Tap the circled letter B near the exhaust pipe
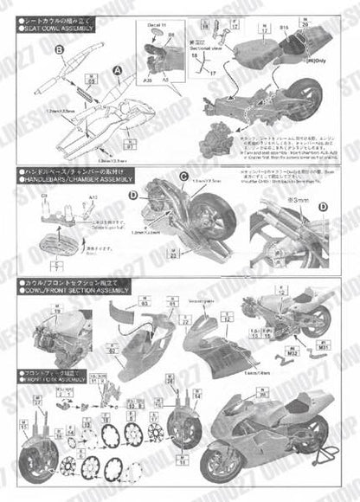[x=59, y=51]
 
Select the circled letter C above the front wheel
[x=183, y=179]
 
